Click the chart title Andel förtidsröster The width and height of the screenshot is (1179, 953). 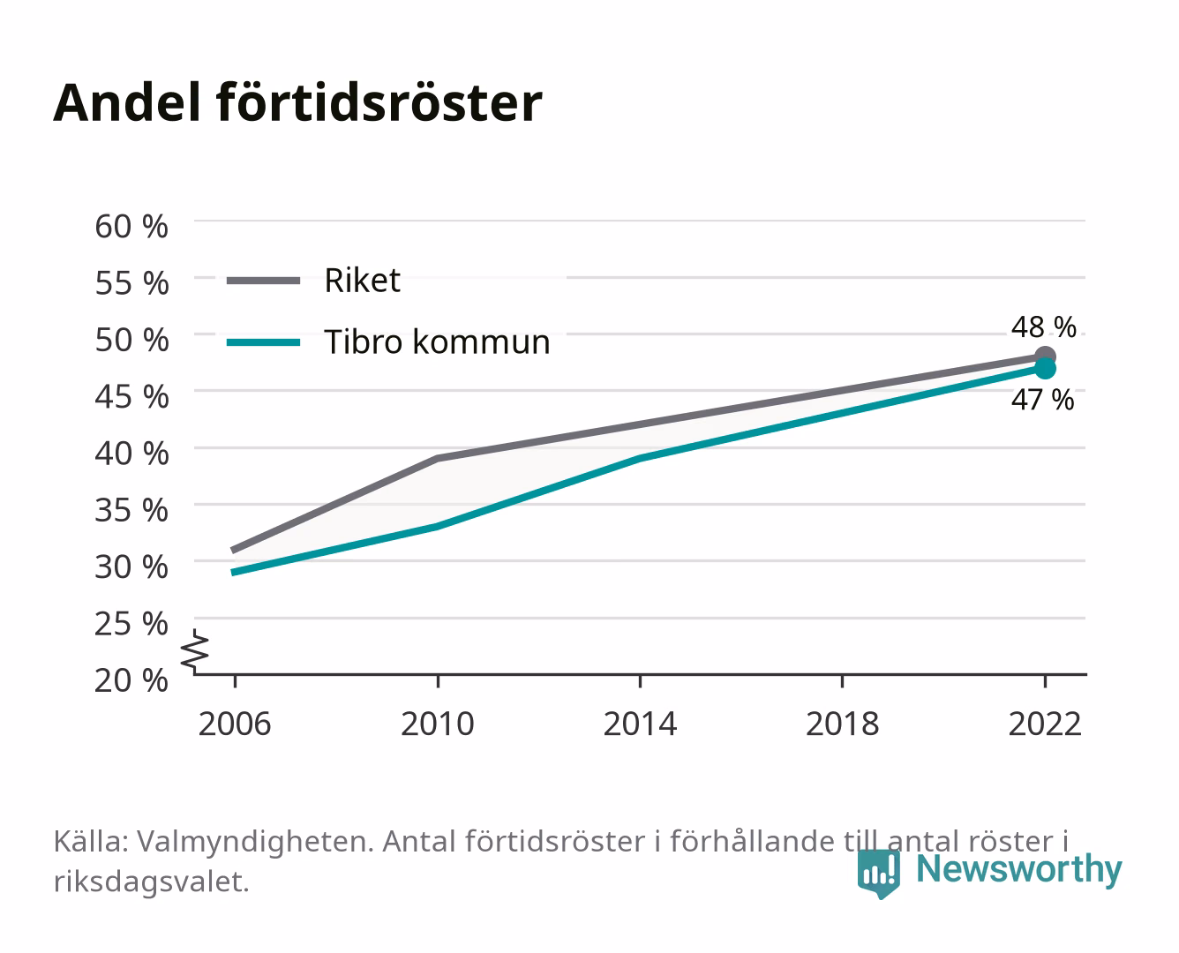point(297,103)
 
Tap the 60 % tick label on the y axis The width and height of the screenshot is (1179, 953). point(131,227)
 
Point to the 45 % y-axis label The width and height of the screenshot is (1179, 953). point(131,397)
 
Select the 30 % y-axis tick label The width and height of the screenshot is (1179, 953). point(131,567)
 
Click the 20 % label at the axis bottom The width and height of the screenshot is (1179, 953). point(131,680)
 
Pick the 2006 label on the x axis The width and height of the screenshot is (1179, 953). point(235,724)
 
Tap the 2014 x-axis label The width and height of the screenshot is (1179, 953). point(640,724)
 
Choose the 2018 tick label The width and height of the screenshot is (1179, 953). point(843,724)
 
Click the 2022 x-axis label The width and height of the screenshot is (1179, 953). point(1045,724)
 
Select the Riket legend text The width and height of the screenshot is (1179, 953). point(363,281)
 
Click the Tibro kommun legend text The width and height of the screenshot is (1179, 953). point(438,342)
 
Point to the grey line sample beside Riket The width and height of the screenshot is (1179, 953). point(264,281)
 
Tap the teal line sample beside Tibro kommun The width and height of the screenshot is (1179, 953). point(264,342)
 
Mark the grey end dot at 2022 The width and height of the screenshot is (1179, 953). point(1045,356)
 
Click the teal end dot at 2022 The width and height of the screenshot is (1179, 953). point(1045,369)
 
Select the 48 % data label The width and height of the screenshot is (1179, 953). point(1044,327)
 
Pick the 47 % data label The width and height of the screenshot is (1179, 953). point(1043,400)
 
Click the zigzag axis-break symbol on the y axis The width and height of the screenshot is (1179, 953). point(195,651)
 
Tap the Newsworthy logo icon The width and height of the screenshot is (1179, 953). point(879,874)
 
